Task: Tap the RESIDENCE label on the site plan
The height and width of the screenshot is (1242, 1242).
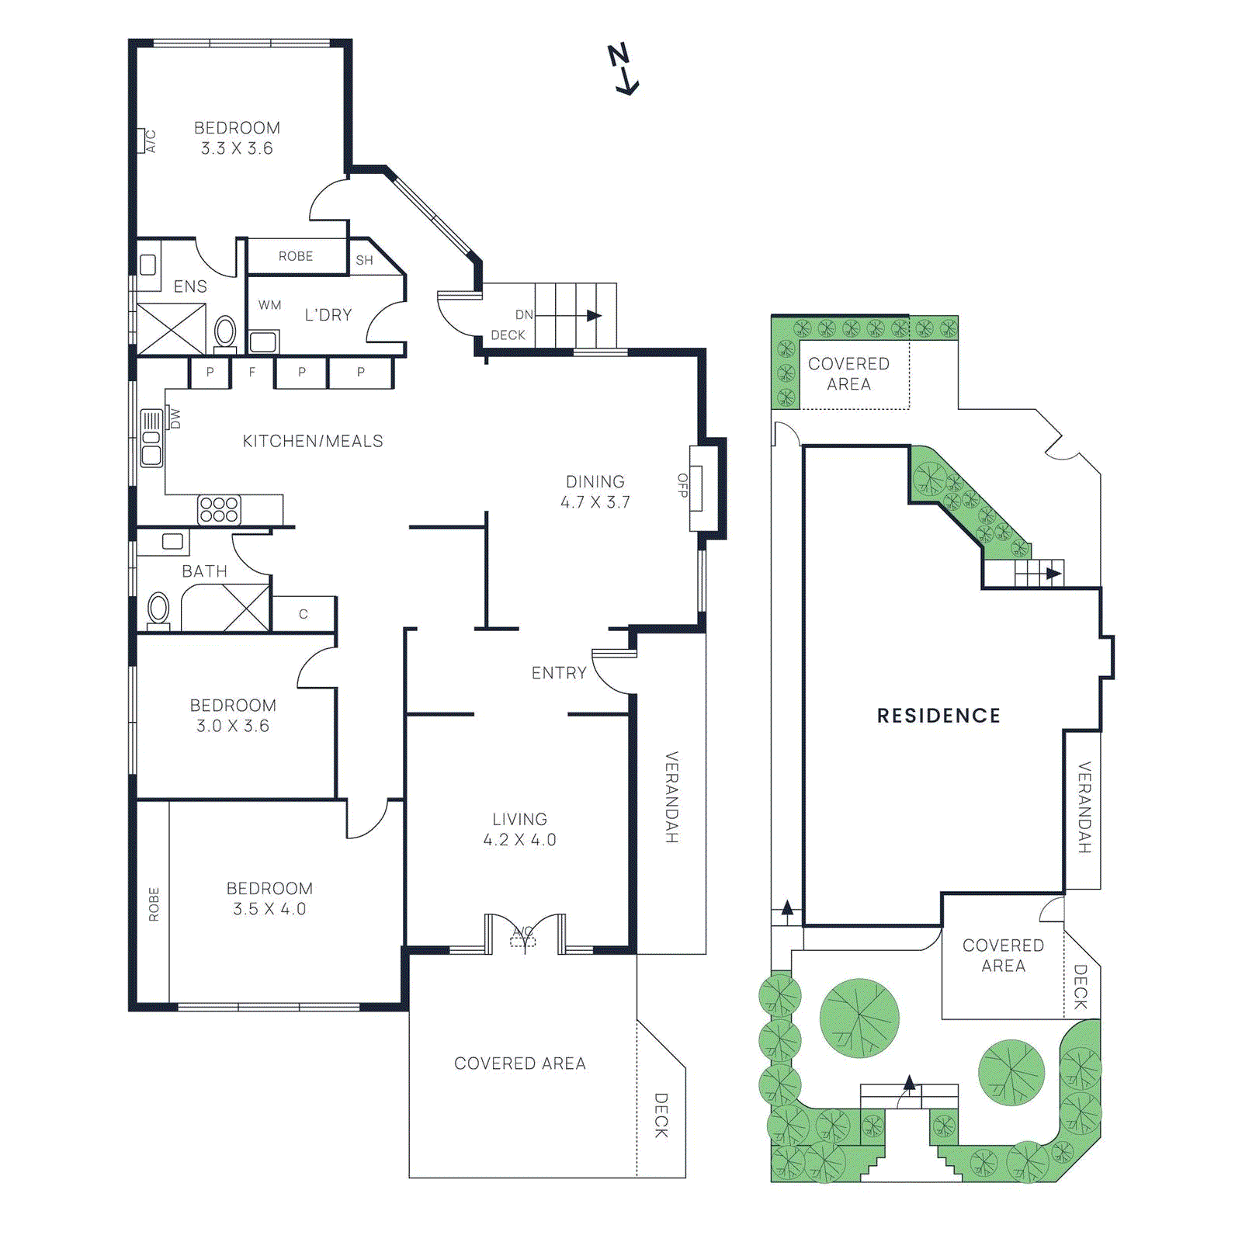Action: [x=938, y=716]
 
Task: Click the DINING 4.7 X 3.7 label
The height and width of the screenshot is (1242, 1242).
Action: [x=595, y=491]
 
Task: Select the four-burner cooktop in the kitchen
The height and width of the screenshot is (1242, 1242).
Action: [x=219, y=510]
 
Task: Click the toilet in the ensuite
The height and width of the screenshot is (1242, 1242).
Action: [x=225, y=332]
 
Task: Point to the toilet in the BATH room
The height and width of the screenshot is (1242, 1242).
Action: [x=158, y=609]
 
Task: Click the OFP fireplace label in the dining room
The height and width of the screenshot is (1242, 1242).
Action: [x=682, y=486]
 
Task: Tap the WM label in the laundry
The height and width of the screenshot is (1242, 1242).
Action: [x=269, y=305]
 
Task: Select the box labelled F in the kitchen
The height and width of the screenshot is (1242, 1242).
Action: [x=252, y=373]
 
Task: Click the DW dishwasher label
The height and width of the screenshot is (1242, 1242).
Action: [x=175, y=419]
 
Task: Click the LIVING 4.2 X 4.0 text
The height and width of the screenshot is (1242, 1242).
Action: [x=519, y=829]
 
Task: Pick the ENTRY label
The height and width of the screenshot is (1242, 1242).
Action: [x=559, y=673]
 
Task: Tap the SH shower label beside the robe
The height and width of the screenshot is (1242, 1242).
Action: [x=365, y=261]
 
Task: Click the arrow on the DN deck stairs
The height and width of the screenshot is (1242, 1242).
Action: [x=594, y=316]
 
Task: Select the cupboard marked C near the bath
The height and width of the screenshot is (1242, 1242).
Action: [x=304, y=614]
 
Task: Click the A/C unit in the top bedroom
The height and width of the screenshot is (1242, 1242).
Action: [x=144, y=141]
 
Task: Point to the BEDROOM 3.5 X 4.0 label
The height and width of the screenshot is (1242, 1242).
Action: [x=269, y=898]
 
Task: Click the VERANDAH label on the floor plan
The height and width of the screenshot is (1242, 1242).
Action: [x=671, y=797]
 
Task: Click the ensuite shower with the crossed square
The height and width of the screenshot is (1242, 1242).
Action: [x=172, y=329]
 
